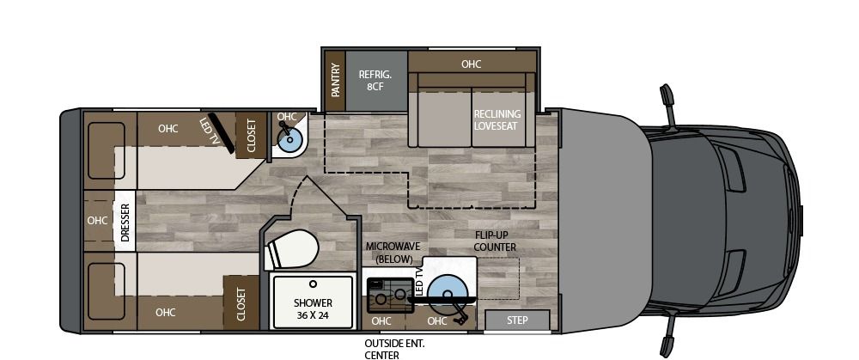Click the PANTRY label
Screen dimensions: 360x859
(335, 80)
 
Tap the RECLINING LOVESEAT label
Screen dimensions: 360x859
(497, 119)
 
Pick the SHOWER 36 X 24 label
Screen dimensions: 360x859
(312, 308)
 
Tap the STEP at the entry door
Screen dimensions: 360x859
(517, 320)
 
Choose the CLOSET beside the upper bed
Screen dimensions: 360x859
(252, 136)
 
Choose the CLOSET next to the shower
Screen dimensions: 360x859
(241, 303)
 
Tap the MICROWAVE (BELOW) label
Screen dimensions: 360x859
(390, 253)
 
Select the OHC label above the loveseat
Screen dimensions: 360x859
(471, 64)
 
